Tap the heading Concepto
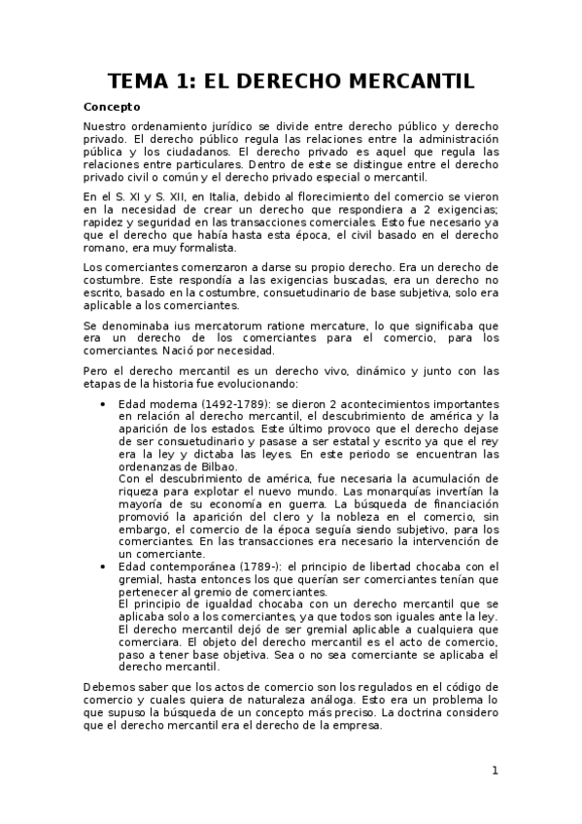[112, 107]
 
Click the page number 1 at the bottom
[495, 771]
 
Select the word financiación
[457, 504]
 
